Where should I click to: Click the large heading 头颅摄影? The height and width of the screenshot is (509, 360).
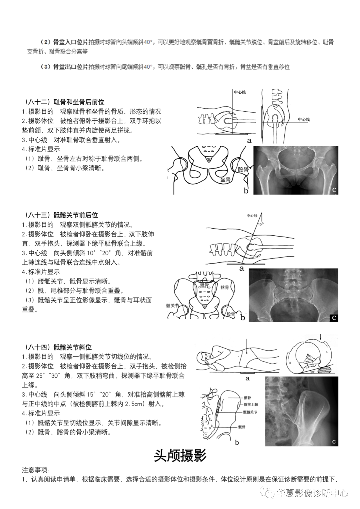(x=180, y=455)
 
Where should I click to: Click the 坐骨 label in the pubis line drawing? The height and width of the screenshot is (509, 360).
(x=226, y=180)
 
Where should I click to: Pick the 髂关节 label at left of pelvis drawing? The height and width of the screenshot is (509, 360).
(x=172, y=305)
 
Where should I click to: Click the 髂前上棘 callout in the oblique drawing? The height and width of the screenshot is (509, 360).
(x=250, y=405)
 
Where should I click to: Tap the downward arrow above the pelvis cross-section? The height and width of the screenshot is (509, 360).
(x=320, y=337)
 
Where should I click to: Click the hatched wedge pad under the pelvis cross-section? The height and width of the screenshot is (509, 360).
(x=325, y=369)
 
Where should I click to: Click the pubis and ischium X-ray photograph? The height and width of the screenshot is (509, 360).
(x=296, y=170)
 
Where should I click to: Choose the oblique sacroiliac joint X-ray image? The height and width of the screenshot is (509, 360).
(x=301, y=411)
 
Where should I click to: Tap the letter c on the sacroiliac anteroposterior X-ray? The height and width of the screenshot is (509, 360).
(x=334, y=318)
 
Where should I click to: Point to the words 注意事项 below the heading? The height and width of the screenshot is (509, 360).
(x=36, y=470)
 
